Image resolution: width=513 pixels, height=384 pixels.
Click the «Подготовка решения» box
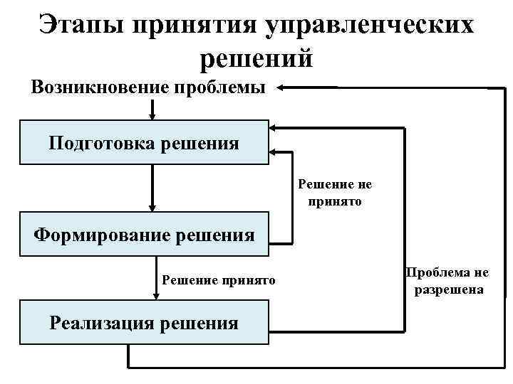pos(144,142)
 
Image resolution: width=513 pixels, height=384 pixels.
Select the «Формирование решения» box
pos(144,233)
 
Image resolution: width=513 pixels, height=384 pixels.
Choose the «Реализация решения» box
pos(144,324)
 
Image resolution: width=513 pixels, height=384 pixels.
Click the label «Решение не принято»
pos(335,192)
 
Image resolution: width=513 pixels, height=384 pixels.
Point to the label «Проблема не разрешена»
pos(447,282)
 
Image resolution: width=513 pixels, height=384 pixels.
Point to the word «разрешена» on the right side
pos(447,289)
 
